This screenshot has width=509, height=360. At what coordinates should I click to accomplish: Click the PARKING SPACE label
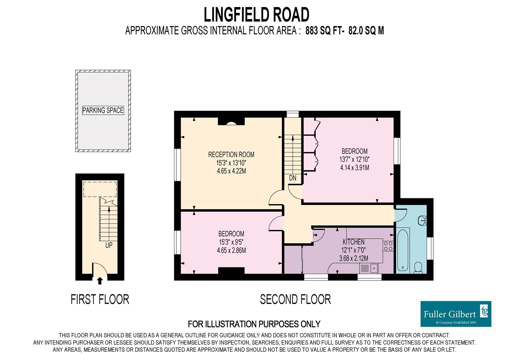coord(103,110)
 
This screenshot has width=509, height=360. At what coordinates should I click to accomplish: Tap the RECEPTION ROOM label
coord(231,155)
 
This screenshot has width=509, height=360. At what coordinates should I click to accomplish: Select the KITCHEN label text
coord(354,242)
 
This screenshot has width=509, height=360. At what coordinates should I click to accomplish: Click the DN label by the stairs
coord(293,178)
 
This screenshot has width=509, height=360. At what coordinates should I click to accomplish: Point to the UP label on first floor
coord(109,245)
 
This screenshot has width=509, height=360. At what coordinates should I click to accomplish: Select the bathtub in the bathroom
coord(403,250)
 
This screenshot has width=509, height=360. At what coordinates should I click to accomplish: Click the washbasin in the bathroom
coord(423,220)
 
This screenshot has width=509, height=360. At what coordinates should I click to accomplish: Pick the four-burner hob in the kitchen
coord(388,246)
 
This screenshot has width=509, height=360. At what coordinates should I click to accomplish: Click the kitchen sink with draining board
coord(369,268)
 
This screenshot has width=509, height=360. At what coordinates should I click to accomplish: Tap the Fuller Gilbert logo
coord(456,314)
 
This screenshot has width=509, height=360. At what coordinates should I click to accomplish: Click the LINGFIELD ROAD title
coord(257,15)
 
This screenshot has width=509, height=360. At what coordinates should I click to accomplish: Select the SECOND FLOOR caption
coord(295,299)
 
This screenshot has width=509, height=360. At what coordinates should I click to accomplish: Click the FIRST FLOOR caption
coord(100,299)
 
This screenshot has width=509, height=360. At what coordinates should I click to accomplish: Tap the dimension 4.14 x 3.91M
coord(354,168)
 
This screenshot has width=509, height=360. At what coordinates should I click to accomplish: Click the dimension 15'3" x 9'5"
coord(231,242)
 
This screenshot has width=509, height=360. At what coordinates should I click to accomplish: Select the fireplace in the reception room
coord(231,121)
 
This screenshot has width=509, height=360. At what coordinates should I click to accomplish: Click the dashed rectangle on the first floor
coord(100,189)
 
